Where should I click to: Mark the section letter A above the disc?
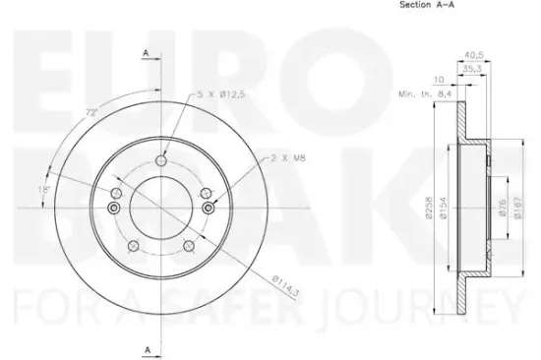click(x=145, y=51)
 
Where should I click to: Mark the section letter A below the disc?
click(x=145, y=349)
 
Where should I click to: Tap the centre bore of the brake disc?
click(x=159, y=208)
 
